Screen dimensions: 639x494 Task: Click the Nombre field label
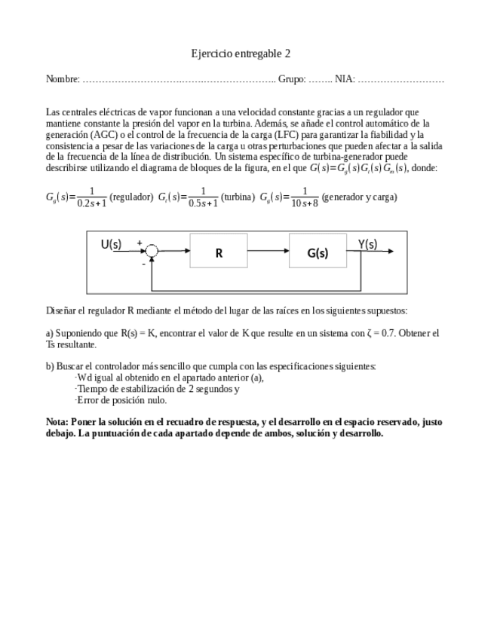(x=63, y=79)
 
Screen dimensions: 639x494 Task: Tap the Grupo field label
(x=292, y=79)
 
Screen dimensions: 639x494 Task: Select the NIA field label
(x=345, y=79)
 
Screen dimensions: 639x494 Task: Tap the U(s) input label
(x=111, y=243)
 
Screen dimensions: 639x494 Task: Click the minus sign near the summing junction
(x=143, y=264)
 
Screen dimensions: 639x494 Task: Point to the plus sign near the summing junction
(x=139, y=243)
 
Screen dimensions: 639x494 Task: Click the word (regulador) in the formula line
(x=131, y=197)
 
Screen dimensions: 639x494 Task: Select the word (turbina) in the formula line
(x=238, y=197)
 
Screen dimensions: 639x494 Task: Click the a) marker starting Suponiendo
(x=50, y=332)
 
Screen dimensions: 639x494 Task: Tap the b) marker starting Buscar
(x=50, y=366)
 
